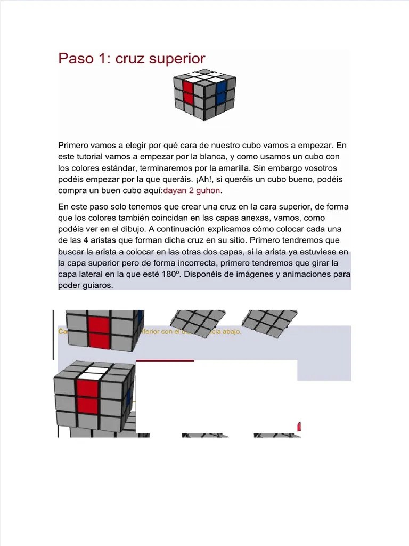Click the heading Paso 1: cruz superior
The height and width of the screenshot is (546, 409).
pos(132,59)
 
